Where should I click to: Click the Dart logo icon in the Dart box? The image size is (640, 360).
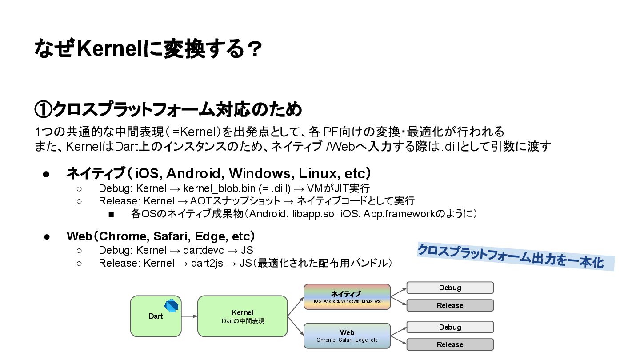pos(171,306)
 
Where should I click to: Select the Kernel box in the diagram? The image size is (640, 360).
pos(242,316)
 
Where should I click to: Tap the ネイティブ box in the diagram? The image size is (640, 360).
pos(347,296)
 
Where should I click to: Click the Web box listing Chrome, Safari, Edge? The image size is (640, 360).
pos(347,336)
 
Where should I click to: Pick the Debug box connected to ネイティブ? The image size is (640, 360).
pos(450,288)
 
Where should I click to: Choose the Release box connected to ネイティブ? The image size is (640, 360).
pos(450,305)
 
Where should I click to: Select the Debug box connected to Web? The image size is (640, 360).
pos(450,327)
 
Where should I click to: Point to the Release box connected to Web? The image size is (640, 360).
pos(450,344)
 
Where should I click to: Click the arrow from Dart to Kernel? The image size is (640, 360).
pos(189,316)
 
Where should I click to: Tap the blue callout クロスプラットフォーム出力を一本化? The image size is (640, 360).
pos(516,257)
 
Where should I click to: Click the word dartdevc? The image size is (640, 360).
pos(203,250)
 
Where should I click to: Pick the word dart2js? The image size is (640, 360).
pos(207,263)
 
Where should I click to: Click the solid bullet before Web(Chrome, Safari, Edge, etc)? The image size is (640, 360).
pos(46,236)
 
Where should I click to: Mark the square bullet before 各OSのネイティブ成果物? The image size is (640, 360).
pos(111,215)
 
